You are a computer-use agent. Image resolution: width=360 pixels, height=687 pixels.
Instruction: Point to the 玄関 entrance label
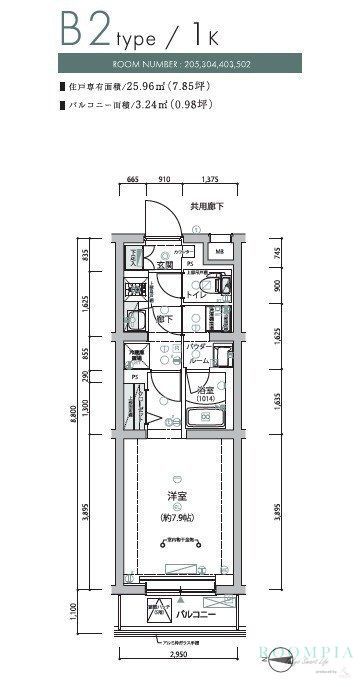click(164, 266)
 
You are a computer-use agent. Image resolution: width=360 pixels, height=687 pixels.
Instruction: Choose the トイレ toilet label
click(195, 297)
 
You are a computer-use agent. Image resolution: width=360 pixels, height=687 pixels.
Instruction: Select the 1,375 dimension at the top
click(209, 180)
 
